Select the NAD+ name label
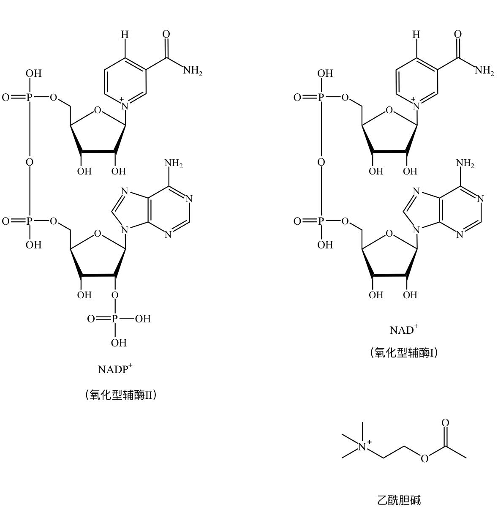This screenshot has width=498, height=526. [404, 330]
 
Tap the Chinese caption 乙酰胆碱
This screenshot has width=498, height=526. [399, 500]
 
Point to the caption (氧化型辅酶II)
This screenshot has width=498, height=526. [121, 395]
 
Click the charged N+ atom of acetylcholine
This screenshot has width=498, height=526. [362, 446]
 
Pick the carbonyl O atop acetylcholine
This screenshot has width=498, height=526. [445, 423]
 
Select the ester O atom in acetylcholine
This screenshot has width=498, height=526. [425, 458]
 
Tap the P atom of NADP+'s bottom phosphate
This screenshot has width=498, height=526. [115, 319]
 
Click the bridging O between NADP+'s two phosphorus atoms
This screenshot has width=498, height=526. [30, 162]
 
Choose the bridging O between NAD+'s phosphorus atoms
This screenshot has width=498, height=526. [321, 162]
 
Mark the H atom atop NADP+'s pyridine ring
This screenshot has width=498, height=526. [125, 35]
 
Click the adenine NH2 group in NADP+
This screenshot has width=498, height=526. [174, 163]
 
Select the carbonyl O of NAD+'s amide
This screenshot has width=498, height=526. [458, 34]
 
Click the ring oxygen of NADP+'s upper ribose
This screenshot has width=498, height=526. [98, 110]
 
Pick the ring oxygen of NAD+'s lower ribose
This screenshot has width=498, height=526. [389, 234]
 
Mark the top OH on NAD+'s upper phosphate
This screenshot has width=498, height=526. [325, 74]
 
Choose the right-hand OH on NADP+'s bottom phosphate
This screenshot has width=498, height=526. [143, 319]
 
